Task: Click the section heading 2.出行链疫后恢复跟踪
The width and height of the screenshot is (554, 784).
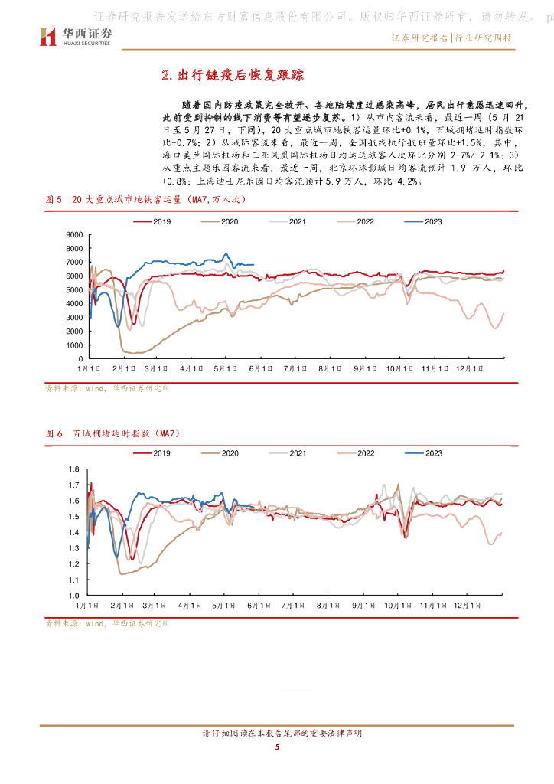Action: (x=233, y=74)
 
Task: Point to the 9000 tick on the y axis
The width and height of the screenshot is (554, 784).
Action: (x=73, y=234)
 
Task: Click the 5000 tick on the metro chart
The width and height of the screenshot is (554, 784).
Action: (x=73, y=289)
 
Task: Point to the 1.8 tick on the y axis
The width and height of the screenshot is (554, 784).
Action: (x=75, y=469)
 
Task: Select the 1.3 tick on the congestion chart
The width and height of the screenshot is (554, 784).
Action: (x=75, y=547)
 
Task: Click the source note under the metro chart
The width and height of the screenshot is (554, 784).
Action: (x=107, y=388)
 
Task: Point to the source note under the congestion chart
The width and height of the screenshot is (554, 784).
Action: (x=107, y=623)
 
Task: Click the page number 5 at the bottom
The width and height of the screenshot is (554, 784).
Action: (x=277, y=747)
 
